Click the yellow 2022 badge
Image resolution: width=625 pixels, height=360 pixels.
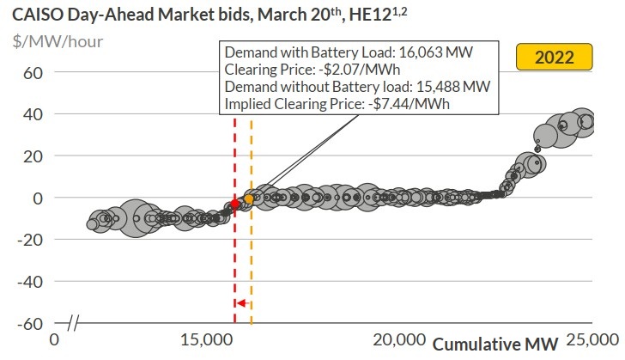click(x=555, y=58)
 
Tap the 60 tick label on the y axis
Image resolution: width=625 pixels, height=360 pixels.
click(x=33, y=72)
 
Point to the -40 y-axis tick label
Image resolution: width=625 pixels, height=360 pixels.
click(x=30, y=281)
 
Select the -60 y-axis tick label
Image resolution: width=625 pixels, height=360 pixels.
click(x=30, y=323)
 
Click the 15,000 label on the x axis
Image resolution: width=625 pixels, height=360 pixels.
click(x=208, y=339)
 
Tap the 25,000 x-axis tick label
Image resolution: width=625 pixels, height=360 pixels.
click(x=591, y=339)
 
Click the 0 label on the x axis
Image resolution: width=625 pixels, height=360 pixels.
click(x=54, y=339)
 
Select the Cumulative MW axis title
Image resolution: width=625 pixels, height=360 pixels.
click(x=495, y=344)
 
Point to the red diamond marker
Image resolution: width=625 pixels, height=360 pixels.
click(x=234, y=204)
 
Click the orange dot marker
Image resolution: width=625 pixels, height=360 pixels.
click(x=250, y=199)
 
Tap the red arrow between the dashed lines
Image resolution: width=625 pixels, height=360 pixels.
click(x=242, y=303)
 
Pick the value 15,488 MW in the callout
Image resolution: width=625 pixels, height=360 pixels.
click(x=450, y=86)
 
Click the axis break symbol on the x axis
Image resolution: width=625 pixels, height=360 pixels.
click(x=74, y=324)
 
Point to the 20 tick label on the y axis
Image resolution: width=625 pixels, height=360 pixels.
click(x=33, y=156)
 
